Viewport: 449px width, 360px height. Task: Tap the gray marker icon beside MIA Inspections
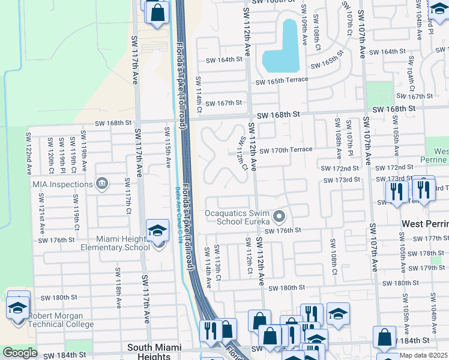pyautogui.click(x=101, y=182)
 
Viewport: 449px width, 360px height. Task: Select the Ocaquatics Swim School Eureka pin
pyautogui.click(x=279, y=216)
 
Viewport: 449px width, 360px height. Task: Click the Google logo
pyautogui.click(x=20, y=353)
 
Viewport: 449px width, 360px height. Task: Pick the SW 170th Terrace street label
pyautogui.click(x=286, y=149)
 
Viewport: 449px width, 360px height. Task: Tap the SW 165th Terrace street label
pyautogui.click(x=282, y=80)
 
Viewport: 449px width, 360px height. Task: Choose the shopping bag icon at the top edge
pyautogui.click(x=157, y=13)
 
